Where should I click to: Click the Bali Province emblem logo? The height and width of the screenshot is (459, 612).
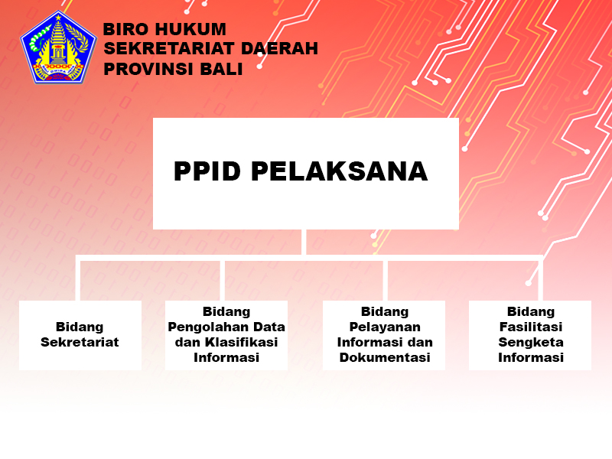[58, 47]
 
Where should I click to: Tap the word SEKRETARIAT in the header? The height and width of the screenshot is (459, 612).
[169, 48]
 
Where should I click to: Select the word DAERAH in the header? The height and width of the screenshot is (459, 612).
[279, 48]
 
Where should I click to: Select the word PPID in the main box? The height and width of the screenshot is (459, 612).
[207, 171]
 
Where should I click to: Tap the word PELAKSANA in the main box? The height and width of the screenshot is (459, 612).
[340, 171]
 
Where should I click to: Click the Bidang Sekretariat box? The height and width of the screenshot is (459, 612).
[80, 335]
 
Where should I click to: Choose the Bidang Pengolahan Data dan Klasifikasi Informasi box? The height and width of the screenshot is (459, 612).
[226, 335]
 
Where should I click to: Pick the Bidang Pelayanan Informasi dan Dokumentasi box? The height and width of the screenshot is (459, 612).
[384, 335]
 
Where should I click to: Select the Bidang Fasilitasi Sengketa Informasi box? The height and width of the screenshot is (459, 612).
[530, 335]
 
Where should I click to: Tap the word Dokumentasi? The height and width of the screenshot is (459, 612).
[385, 357]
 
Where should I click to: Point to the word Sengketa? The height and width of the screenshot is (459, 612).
[531, 342]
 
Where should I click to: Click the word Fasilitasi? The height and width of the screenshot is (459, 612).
[531, 327]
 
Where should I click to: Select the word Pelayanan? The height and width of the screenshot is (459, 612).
[385, 327]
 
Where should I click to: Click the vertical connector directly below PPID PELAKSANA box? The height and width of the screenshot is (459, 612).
[304, 242]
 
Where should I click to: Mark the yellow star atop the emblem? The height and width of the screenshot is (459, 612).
[59, 17]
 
